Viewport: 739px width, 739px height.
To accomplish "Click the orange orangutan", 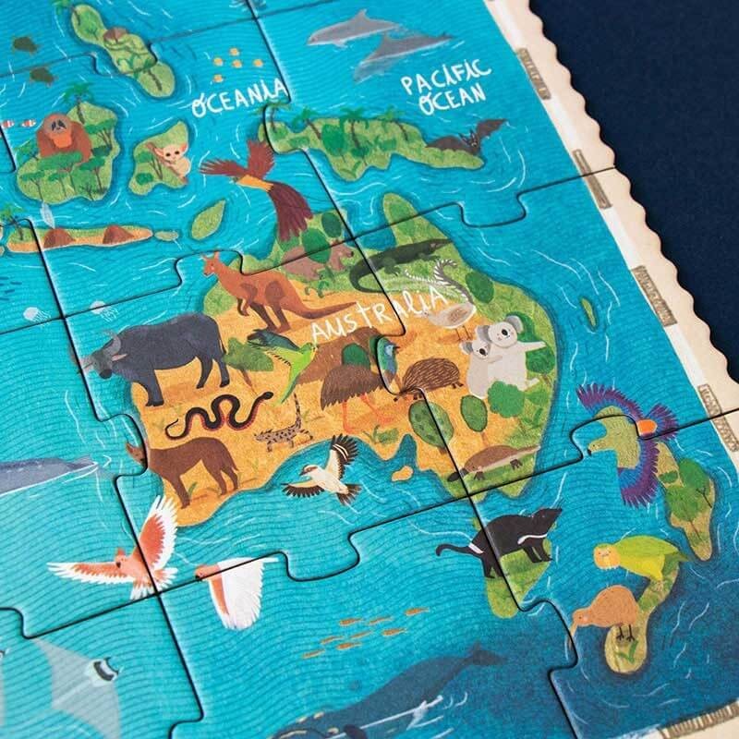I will (x=57, y=137).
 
